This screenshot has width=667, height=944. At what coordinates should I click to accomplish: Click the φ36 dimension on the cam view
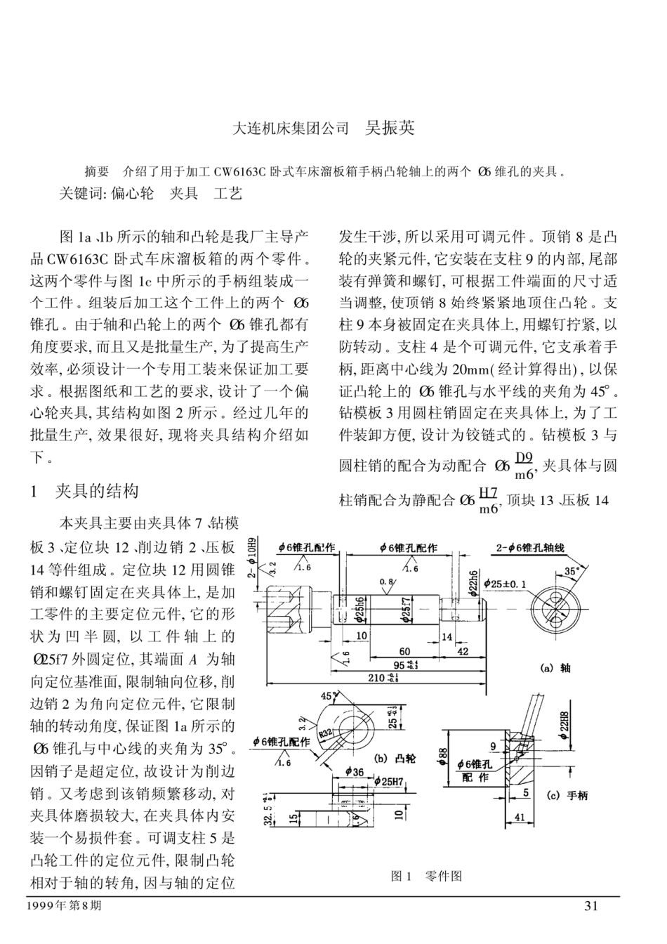[x=355, y=772]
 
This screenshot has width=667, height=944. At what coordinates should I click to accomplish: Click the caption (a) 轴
[x=555, y=668]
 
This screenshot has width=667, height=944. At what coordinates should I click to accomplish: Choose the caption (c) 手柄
[x=567, y=796]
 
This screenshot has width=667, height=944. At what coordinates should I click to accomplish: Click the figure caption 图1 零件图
[x=426, y=876]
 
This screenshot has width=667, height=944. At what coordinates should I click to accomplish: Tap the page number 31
[x=590, y=906]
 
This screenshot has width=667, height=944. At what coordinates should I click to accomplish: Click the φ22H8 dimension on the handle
[x=564, y=723]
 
